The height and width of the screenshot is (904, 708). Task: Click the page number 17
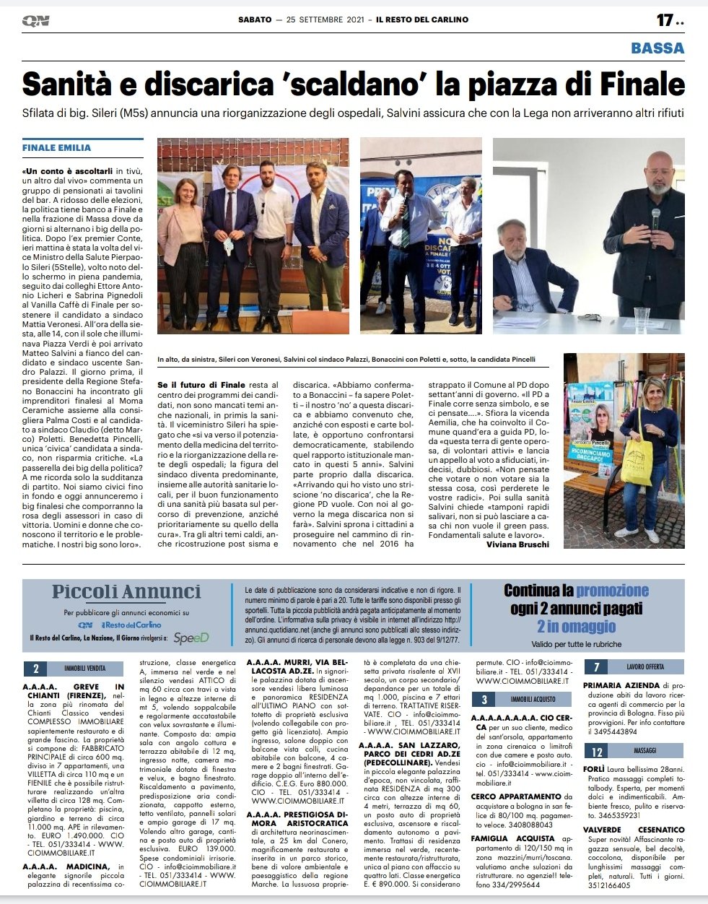coord(665,19)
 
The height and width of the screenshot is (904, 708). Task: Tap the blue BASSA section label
coord(657,48)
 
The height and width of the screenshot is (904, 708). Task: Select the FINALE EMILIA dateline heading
coord(56,147)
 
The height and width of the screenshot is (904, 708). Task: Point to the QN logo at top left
coord(36,21)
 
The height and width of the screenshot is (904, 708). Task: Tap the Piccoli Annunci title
coord(126,592)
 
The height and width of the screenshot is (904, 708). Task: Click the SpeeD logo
coord(191,638)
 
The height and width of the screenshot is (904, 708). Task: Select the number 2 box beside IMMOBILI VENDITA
coord(35,669)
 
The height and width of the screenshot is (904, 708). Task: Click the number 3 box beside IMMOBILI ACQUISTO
coord(484,699)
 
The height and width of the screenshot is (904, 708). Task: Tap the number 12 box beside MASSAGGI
coord(597,752)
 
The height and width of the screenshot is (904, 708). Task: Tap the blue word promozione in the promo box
coord(612,591)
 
